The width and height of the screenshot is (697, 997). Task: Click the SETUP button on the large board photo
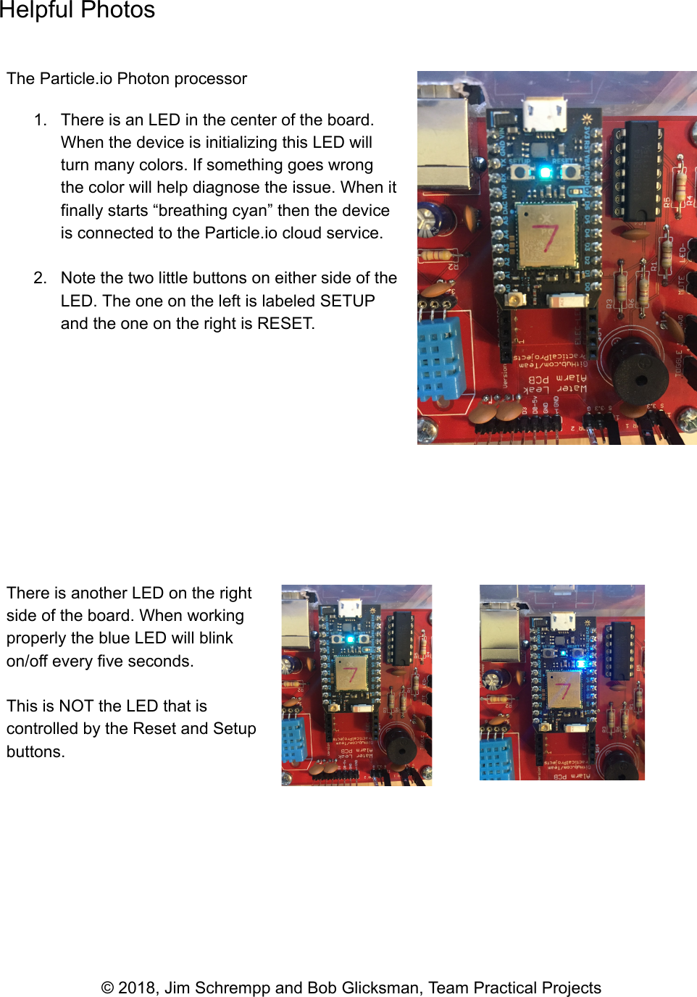click(519, 172)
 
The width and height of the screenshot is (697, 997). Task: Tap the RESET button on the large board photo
click(570, 172)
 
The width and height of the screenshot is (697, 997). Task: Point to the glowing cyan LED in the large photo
click(545, 172)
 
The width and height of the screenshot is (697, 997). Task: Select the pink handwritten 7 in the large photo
click(546, 236)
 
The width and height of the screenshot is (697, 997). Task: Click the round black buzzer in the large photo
click(640, 375)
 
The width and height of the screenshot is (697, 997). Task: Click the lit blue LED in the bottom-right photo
click(579, 662)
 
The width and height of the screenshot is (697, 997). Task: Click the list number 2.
click(40, 278)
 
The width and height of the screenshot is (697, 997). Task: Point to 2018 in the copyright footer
click(137, 988)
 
